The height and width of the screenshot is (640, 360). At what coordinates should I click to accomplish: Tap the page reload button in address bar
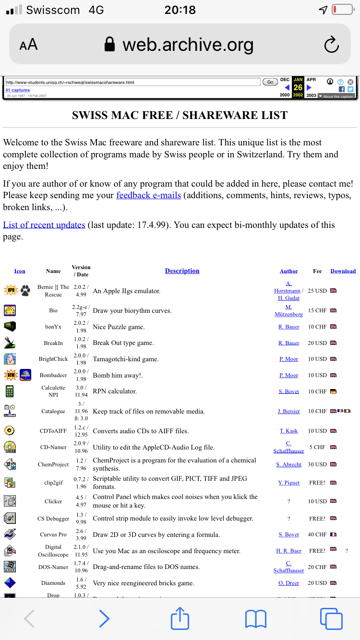point(332,45)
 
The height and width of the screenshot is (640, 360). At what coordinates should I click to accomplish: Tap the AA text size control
point(28,45)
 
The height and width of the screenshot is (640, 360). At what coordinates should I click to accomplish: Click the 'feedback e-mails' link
point(148,195)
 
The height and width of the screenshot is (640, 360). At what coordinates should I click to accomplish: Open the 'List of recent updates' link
point(44,225)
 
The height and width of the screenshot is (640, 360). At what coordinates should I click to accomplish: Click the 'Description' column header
point(182,271)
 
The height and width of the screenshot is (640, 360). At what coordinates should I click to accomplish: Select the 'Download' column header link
point(343,271)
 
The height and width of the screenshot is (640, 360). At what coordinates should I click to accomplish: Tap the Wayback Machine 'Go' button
point(270,82)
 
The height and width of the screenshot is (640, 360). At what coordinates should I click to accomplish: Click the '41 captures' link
point(18,90)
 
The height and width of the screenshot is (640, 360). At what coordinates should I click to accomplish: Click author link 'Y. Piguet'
point(288,483)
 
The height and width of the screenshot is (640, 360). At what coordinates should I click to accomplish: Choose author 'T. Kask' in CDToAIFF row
point(288,431)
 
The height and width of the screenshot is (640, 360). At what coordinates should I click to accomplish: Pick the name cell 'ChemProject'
point(53,464)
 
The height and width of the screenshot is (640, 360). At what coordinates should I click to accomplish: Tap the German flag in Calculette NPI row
point(334,391)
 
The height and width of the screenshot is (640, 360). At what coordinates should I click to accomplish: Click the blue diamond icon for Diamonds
point(10,583)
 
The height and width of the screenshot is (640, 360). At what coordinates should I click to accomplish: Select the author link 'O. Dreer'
point(288,583)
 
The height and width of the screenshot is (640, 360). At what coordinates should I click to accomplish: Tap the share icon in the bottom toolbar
point(180,618)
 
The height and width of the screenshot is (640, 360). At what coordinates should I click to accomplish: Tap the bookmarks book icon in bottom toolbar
point(256,619)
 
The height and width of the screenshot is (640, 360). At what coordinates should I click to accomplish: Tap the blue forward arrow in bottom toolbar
point(104,619)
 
